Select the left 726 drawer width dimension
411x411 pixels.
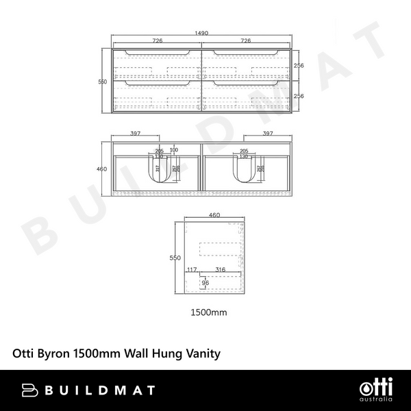pos(157,41)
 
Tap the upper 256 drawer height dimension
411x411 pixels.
pos(299,66)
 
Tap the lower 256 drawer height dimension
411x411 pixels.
pos(299,97)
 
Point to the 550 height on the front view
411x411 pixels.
pos(103,82)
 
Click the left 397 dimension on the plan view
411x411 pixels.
pos(136,134)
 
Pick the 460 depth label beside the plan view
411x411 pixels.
pos(103,169)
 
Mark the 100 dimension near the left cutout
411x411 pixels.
pos(173,150)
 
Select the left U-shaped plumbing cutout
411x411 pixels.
pos(163,171)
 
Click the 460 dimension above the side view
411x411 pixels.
pos(214,215)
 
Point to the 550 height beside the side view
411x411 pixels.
pos(175,258)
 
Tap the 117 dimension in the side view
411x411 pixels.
pos(192,269)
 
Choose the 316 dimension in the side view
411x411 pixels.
pos(220,269)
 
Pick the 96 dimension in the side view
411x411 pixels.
pos(205,282)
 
